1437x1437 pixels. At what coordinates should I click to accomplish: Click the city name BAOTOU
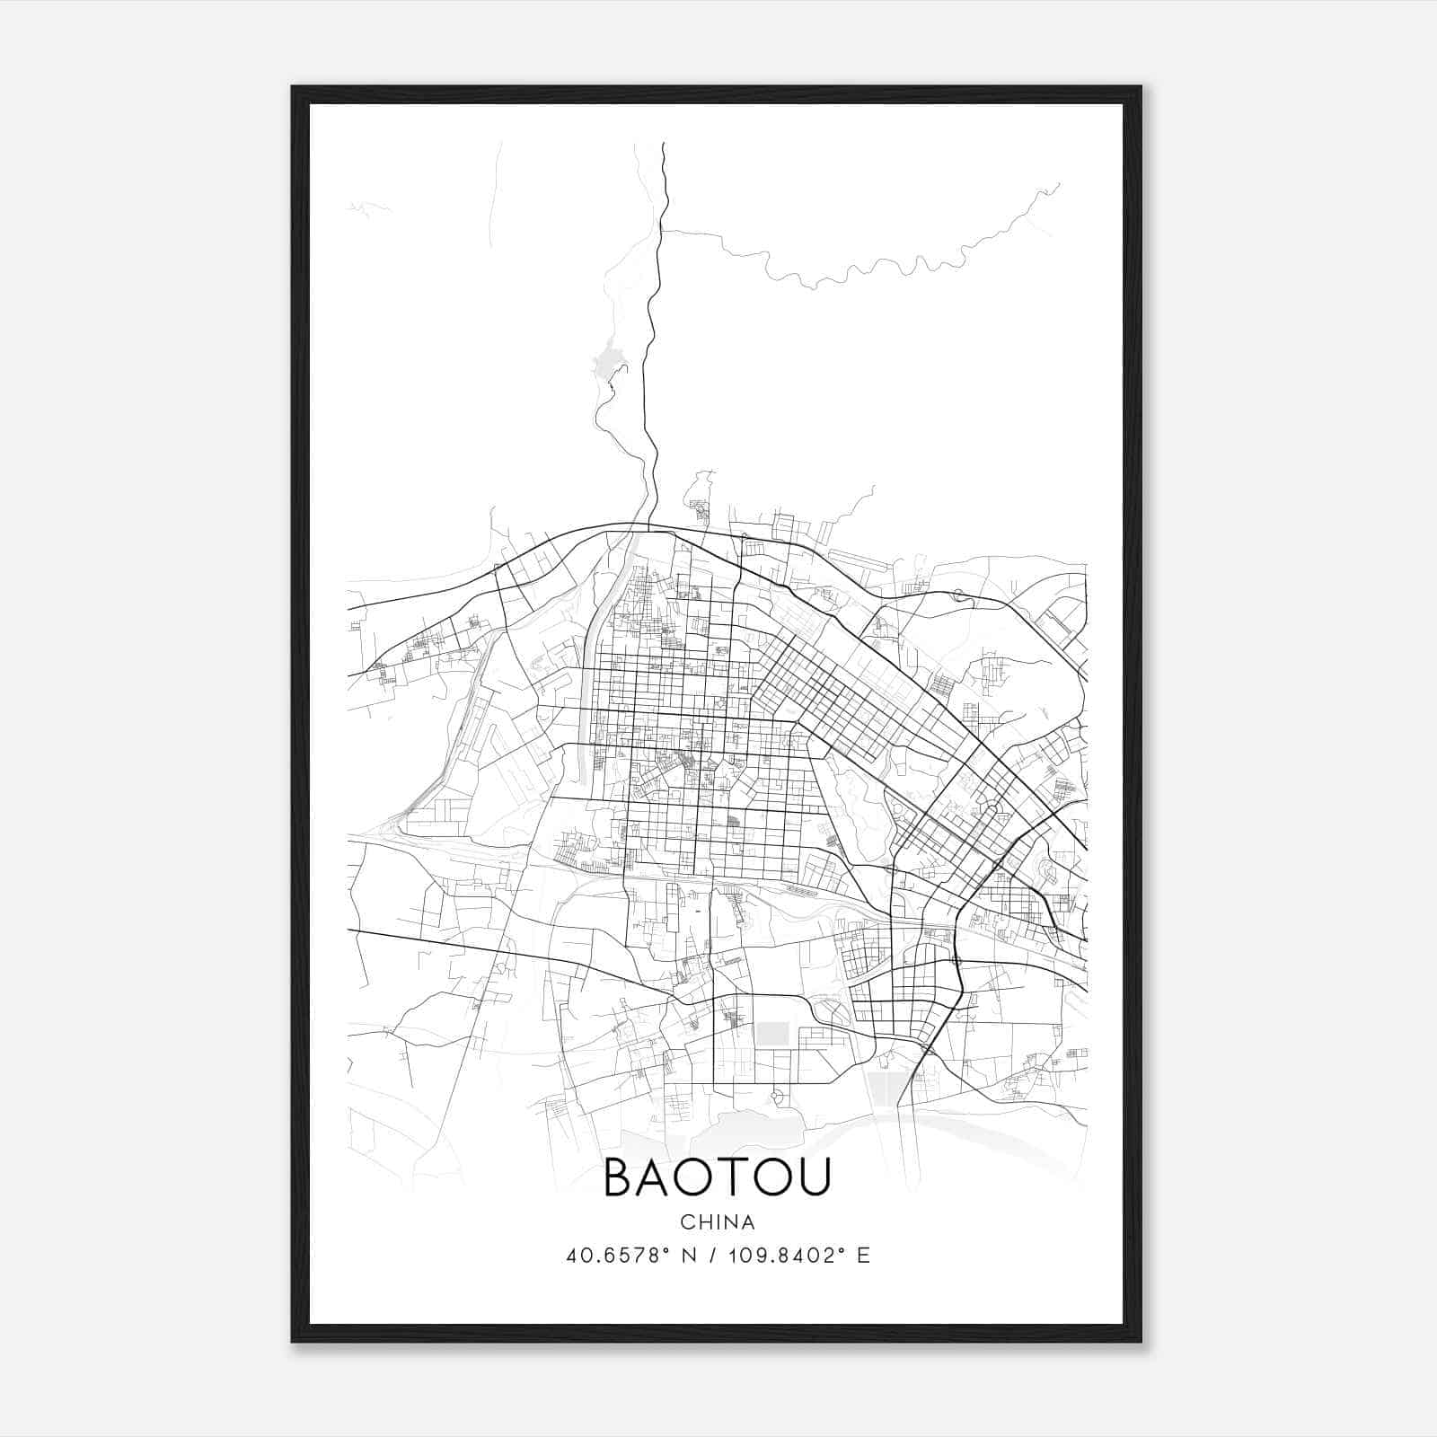(717, 1178)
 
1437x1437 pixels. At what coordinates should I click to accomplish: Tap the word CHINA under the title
(718, 1222)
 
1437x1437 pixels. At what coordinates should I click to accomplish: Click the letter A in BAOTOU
(655, 1178)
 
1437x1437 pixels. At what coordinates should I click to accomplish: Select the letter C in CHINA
(687, 1222)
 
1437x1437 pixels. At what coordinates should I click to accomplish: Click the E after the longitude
(863, 1256)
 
